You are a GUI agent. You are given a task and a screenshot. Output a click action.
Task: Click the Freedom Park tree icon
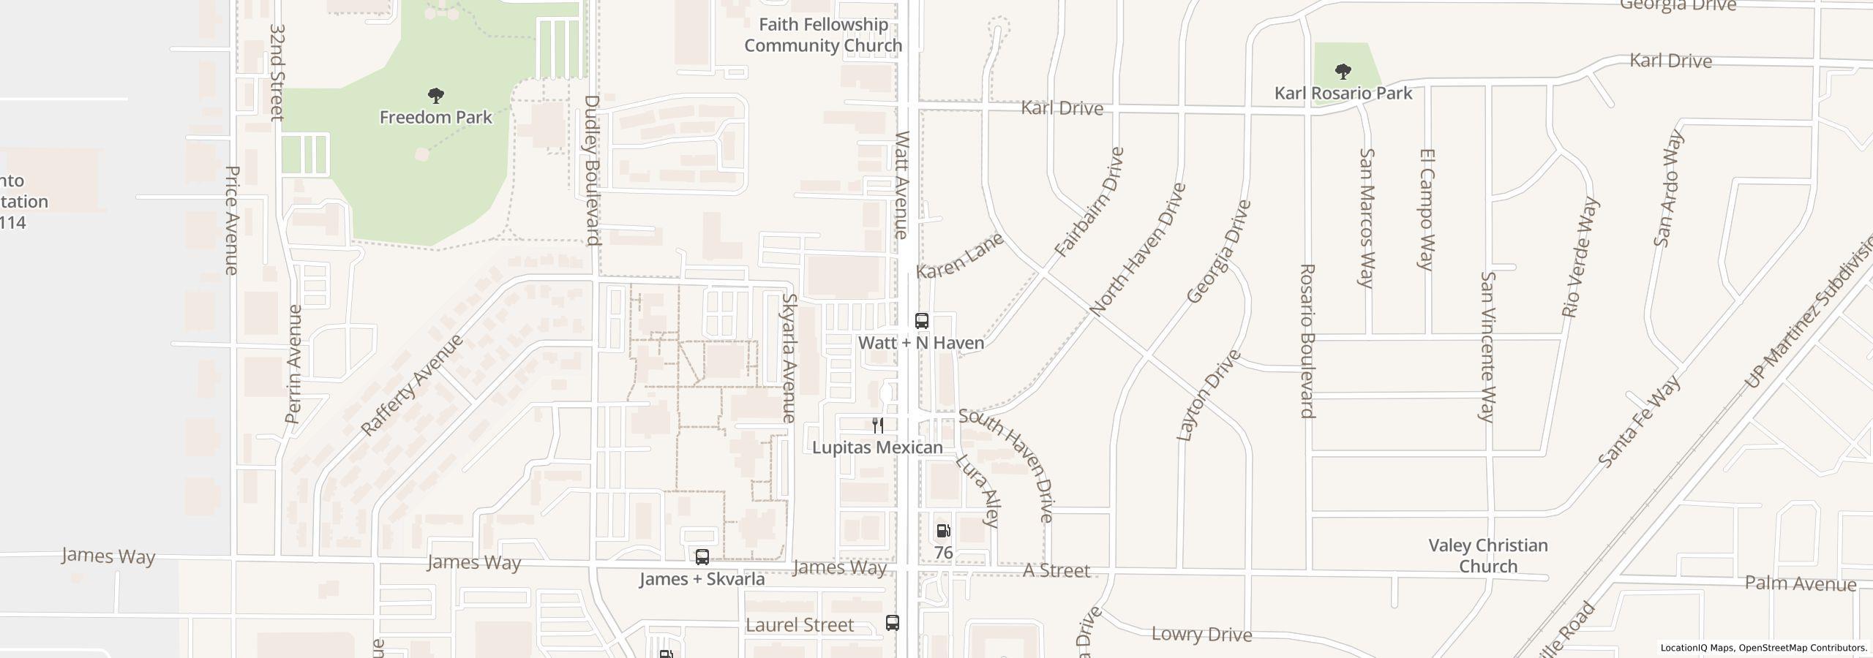point(436,96)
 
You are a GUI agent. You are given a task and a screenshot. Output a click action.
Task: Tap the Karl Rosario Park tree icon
point(1343,72)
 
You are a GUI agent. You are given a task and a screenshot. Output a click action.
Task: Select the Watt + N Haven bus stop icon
point(922,321)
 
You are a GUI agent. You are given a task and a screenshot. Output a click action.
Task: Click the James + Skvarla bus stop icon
point(702,558)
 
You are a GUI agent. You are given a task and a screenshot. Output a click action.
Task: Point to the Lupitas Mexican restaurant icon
point(878,426)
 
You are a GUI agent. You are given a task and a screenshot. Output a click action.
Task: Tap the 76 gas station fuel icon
point(943,531)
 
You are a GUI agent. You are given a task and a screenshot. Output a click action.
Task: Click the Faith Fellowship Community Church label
point(823,35)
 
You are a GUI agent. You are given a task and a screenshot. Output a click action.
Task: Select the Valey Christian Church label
point(1488,556)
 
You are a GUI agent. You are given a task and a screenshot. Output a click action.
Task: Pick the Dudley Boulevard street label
point(592,170)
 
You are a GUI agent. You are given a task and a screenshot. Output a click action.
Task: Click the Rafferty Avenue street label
point(413,385)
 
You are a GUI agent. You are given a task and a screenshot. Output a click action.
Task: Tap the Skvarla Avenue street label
point(789,358)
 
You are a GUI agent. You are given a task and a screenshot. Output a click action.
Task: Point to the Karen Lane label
point(959,256)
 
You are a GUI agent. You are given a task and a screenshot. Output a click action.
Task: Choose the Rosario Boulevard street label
point(1307,341)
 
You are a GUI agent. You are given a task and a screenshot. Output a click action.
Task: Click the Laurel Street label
point(800,625)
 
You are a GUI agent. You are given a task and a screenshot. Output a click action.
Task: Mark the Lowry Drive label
point(1201,634)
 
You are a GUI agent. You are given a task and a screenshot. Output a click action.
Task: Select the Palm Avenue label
point(1800,583)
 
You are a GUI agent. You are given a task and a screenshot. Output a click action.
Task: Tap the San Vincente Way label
point(1487,347)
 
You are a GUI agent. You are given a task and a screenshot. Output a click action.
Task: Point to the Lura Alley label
point(977,491)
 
